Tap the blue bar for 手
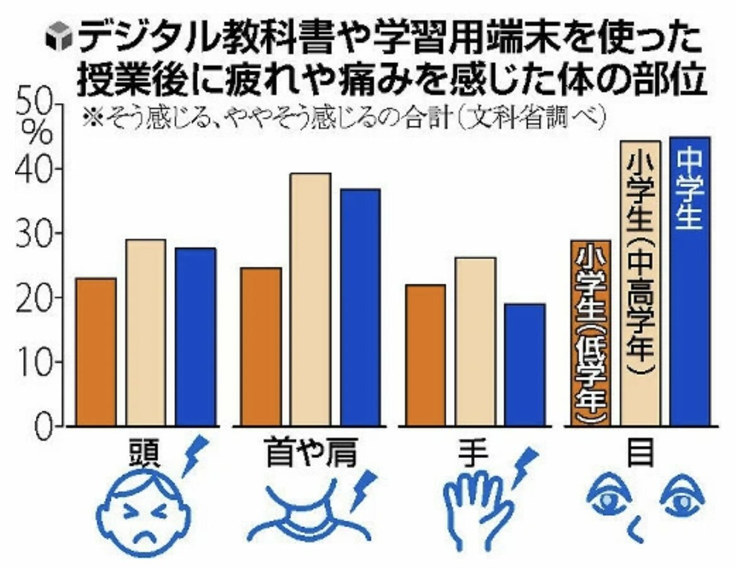coord(524,364)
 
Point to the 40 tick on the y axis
coord(38,169)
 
